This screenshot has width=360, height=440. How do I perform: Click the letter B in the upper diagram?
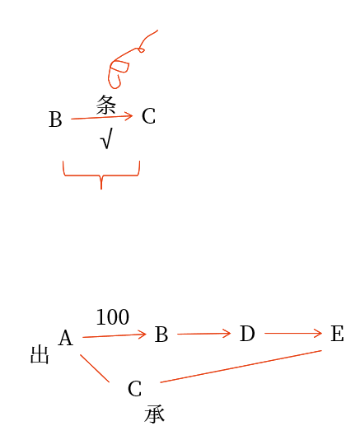click(55, 119)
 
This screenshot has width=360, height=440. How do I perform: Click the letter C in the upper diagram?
click(148, 116)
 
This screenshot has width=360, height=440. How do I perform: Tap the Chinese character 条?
click(106, 105)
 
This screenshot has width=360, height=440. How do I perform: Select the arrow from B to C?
click(102, 117)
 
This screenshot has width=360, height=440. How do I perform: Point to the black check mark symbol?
click(106, 138)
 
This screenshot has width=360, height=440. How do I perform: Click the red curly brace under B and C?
click(101, 176)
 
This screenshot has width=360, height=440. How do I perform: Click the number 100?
click(113, 317)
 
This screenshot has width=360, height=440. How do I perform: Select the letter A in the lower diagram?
click(66, 338)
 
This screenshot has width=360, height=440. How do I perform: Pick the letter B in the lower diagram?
click(161, 335)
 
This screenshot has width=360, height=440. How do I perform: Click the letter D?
click(247, 334)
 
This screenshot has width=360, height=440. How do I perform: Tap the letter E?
click(337, 334)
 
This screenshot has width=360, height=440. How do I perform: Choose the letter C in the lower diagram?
click(134, 389)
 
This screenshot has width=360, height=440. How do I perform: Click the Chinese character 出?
click(40, 354)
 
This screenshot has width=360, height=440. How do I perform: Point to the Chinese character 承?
click(155, 414)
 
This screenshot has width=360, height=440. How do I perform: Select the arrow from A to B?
click(115, 335)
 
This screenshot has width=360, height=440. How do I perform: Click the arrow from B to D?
click(204, 334)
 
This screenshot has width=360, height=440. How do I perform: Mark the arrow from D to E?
click(293, 334)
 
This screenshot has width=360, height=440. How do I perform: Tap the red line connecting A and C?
click(95, 368)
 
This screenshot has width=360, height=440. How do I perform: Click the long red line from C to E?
click(241, 366)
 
